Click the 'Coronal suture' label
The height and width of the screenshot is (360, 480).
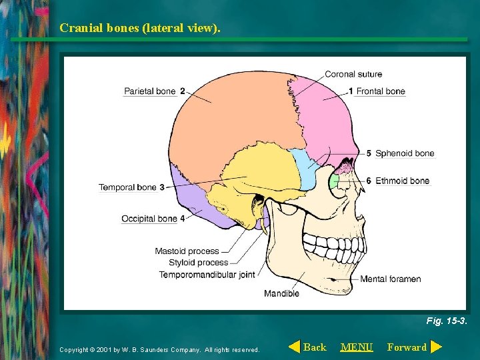pos(353,74)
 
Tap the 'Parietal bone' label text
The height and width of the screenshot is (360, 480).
pos(150,91)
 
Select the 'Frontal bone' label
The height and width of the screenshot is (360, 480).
pos(381,91)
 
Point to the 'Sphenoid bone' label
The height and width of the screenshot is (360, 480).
pos(404,153)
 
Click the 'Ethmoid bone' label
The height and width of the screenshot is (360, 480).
pos(402,181)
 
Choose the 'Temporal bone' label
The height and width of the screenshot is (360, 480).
pos(127,187)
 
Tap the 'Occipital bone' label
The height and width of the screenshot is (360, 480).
pos(149,219)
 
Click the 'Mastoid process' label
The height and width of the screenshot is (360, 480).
pos(187,251)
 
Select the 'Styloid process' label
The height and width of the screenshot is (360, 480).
pos(198,263)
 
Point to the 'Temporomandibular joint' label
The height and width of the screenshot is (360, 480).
pos(207,275)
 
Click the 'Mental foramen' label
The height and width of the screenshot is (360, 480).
pos(390,279)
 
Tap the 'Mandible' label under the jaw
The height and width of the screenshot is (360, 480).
pos(281,293)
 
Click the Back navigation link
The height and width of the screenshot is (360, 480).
pos(314,347)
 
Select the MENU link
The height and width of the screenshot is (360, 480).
pos(357,347)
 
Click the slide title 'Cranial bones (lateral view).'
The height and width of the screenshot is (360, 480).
pos(139,28)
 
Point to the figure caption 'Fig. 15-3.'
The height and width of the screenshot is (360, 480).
pos(447,321)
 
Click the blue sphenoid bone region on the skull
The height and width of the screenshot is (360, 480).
pos(307,168)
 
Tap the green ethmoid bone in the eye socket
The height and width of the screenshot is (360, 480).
pos(335,181)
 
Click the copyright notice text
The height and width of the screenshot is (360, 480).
pos(159,349)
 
